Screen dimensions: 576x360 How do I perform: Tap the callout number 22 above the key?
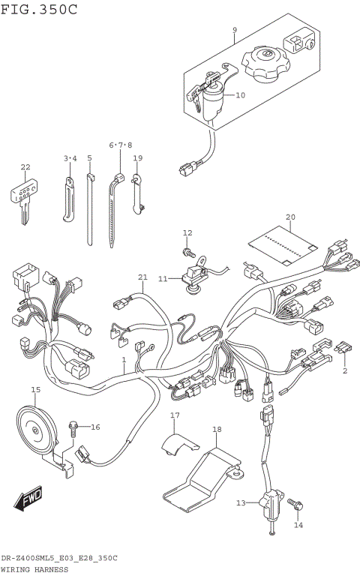point(25,166)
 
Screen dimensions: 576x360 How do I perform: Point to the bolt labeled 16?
point(73,429)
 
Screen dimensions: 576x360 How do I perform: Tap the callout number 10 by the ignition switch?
point(240,95)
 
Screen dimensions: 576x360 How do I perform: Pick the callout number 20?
point(290,217)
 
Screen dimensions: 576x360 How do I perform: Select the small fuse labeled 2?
point(345,348)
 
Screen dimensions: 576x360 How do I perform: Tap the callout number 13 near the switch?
point(241,502)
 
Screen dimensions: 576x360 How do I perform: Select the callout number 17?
point(175,415)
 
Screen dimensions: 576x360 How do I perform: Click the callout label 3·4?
point(70,158)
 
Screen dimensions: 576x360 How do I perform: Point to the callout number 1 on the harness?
point(124,360)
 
